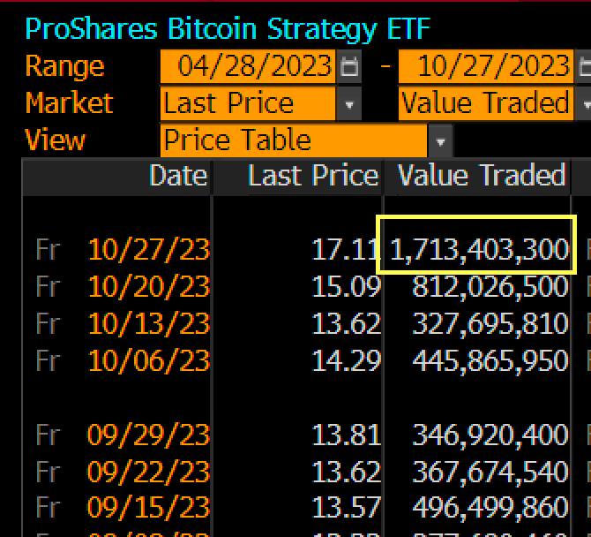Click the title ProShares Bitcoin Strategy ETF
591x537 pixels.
coord(228,28)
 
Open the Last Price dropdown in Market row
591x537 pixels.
coord(349,104)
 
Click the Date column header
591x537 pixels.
coord(178,176)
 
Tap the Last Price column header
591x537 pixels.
coord(312,176)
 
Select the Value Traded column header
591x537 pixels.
coord(481,176)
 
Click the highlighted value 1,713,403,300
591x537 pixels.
coord(478,250)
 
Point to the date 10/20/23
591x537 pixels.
coord(148,287)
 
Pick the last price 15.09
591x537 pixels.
coord(346,287)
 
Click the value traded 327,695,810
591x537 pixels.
coord(490,324)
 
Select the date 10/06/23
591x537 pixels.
coord(148,361)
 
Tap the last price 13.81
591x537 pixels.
coord(346,435)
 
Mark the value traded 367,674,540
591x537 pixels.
coord(490,473)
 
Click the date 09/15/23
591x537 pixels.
coord(148,509)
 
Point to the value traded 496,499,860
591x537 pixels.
coord(490,509)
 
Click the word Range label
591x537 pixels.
coord(64,66)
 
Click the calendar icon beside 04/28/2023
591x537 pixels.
coord(349,66)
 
